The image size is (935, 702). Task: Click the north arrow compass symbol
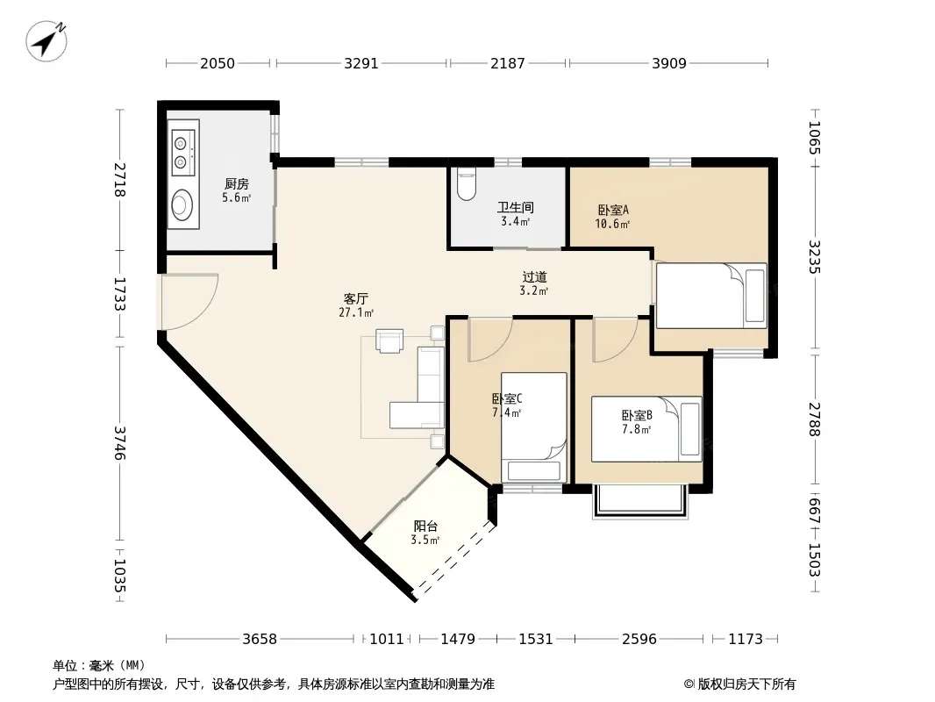coord(46,41)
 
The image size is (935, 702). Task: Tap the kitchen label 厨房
coord(237,184)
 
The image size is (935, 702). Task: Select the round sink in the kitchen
coord(182,205)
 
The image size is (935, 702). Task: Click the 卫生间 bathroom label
coord(516,208)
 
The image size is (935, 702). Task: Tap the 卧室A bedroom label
coord(613,210)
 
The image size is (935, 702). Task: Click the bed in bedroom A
coord(711,296)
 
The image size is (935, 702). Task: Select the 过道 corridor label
coord(534,276)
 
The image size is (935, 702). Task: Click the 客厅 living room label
coord(356,298)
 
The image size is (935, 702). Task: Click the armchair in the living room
coord(389,340)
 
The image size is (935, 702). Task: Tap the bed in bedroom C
coord(533,427)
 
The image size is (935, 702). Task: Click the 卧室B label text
coord(637,415)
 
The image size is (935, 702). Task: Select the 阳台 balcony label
coord(425,526)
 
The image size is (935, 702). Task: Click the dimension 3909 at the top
coord(669,63)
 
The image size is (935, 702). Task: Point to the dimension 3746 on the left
coord(119,443)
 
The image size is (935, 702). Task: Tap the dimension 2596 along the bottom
coord(639,640)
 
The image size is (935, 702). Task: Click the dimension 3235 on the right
coord(815,257)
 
